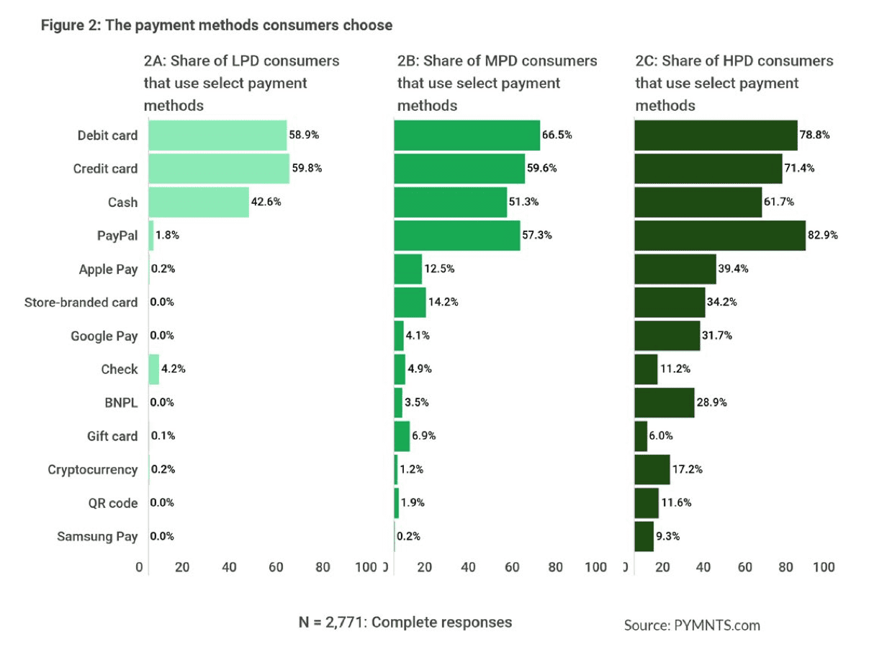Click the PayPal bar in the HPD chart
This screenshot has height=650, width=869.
click(720, 236)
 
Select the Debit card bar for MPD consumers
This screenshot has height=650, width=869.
click(467, 135)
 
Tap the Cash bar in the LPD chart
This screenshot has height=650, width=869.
click(199, 202)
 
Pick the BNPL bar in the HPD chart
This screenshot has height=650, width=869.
click(665, 403)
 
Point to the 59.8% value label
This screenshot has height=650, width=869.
click(307, 169)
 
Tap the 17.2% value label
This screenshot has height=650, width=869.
click(688, 469)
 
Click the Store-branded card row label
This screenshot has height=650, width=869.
click(81, 303)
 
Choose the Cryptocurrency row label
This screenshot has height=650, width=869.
click(92, 470)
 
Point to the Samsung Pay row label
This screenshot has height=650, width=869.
click(96, 537)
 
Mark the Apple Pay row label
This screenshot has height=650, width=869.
click(108, 270)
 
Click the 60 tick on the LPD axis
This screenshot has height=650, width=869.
click(276, 567)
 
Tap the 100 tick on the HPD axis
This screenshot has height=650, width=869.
click(824, 567)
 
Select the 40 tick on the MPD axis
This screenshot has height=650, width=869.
click(468, 567)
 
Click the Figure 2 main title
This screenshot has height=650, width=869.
click(217, 25)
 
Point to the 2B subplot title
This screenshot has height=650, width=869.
click(497, 83)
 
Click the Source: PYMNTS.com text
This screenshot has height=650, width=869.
click(692, 625)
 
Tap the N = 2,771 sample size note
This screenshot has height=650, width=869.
click(405, 622)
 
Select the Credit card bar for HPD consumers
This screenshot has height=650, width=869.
click(708, 169)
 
